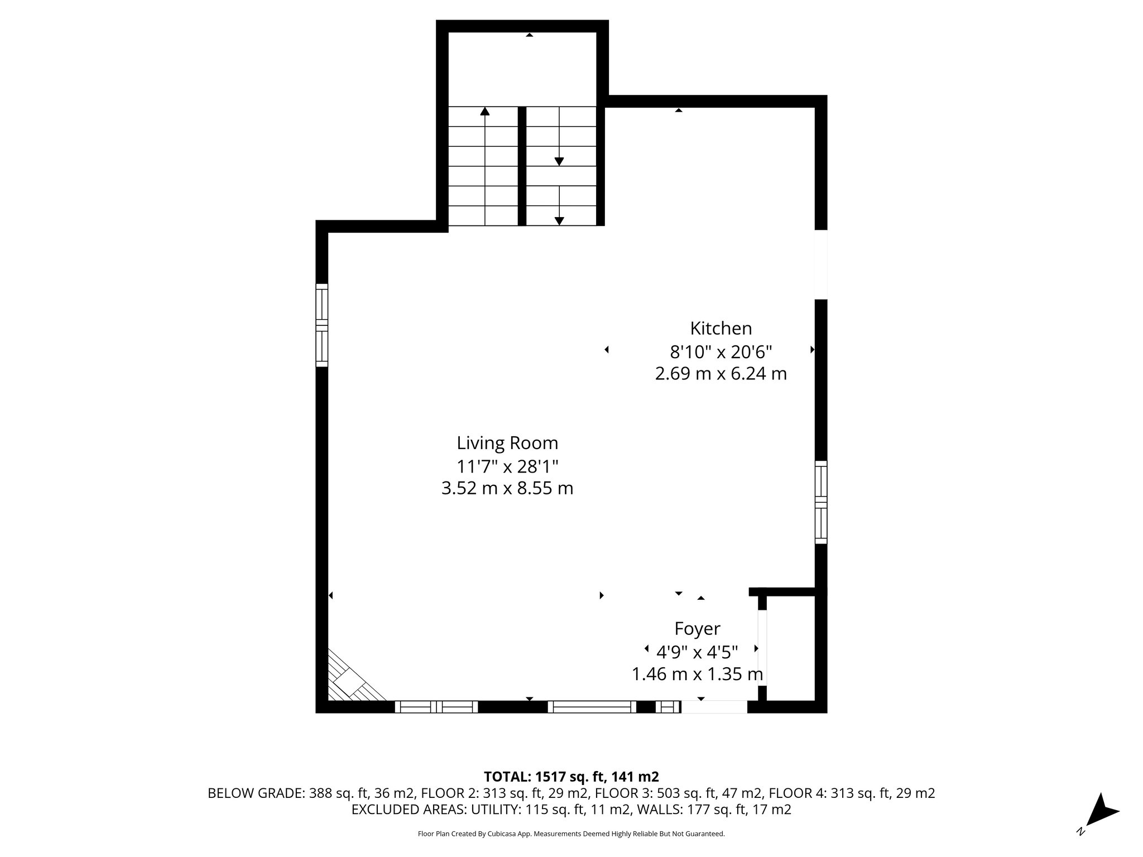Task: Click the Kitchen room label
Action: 721,328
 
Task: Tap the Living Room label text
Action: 507,443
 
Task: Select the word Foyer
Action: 697,629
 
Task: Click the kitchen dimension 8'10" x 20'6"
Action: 721,352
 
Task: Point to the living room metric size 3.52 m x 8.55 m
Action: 507,489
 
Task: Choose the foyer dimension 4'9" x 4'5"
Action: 697,651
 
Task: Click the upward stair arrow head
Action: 484,111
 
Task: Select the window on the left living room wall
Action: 321,325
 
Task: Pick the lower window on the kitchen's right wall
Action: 820,502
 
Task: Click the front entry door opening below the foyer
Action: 714,707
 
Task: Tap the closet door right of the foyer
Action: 762,648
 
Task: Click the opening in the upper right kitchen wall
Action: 820,264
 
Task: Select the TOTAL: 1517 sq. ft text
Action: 570,777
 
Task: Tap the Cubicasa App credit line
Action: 570,834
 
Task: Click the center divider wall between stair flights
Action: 522,166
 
